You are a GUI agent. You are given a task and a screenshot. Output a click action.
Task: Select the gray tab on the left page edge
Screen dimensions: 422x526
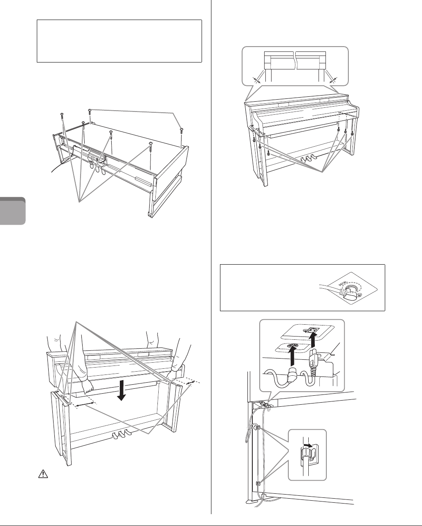tap(13, 211)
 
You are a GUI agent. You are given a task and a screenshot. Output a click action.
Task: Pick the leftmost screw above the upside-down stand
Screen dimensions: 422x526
tap(62, 116)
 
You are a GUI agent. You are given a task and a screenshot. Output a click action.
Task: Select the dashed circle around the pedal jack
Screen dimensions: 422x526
tap(350, 290)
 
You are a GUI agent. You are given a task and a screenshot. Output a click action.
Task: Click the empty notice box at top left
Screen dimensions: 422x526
tap(119, 41)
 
